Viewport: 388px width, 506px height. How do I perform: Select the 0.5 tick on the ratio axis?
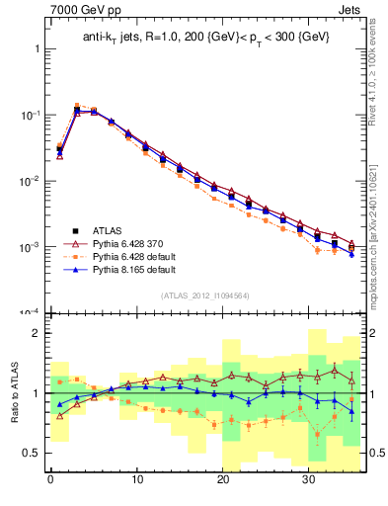(x=31, y=453)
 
